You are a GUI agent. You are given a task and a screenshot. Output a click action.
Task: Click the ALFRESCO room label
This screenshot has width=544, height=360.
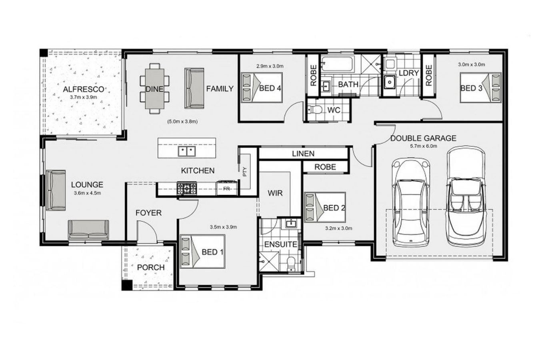pos(83,89)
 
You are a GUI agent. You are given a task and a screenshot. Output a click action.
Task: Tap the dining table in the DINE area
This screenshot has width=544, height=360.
pos(154,89)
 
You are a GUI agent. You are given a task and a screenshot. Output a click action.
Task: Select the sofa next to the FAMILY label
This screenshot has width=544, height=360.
pos(194,88)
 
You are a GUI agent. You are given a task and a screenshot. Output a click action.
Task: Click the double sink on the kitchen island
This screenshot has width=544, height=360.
pos(187,151)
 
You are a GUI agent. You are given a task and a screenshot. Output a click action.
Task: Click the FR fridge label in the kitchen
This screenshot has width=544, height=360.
pos(226,188)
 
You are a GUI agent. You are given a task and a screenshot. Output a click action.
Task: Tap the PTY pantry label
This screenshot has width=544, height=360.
pos(245,172)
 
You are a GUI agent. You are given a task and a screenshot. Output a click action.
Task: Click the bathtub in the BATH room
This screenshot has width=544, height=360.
pos(338,64)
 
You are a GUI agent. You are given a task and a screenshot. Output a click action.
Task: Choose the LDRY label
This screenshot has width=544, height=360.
pos(408,73)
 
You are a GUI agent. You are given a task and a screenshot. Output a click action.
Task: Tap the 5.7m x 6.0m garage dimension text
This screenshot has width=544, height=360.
pos(423,146)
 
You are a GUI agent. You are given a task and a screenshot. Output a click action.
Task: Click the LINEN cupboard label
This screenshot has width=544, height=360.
pos(303,154)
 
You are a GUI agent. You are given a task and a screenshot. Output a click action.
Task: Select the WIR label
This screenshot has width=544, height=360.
pos(275,194)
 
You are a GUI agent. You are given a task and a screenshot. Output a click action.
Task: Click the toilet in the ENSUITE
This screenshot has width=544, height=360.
pos(292,264)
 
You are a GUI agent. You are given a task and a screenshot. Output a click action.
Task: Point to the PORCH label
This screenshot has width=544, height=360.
pos(151,267)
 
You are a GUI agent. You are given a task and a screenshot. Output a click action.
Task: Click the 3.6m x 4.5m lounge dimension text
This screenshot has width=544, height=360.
pos(87,193)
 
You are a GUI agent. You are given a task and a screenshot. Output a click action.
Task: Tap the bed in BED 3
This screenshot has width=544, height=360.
pos(480,88)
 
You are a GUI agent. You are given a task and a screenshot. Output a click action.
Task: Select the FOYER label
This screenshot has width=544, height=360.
pos(148,213)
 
